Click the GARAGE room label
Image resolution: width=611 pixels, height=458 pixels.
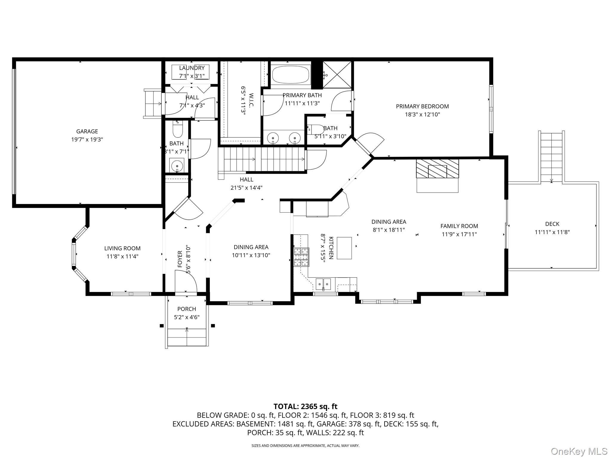point(87,131)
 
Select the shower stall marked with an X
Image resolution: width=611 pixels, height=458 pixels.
point(337,75)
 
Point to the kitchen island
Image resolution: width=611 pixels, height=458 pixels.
point(344,248)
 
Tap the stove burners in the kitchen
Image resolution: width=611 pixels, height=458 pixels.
point(301,257)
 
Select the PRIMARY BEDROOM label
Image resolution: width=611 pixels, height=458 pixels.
point(422,106)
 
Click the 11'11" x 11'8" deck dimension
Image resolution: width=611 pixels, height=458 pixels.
point(552,232)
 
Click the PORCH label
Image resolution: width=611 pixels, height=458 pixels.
point(187,309)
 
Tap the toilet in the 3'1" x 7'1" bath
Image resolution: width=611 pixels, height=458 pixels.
point(178,130)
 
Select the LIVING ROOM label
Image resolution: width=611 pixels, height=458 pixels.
point(122,248)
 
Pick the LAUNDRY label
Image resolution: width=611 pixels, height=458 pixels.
point(192,68)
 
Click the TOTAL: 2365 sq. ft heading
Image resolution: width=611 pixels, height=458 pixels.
point(305,406)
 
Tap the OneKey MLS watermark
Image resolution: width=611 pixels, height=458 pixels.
point(579,451)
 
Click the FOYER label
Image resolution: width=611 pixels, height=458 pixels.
point(180,259)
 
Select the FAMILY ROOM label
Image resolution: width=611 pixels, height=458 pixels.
point(459,226)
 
